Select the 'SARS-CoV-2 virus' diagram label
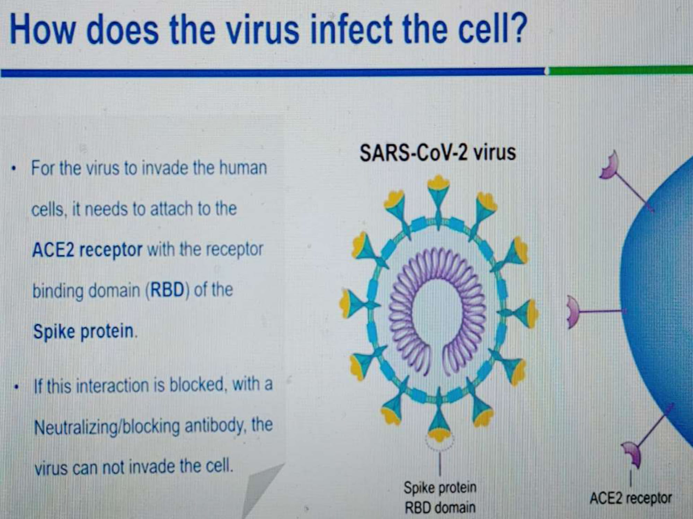point(438,153)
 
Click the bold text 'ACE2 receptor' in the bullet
point(87,249)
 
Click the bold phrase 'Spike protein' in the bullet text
point(83,331)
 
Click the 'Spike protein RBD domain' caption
point(440,498)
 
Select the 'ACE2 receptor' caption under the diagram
point(631,499)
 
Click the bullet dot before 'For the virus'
point(14,170)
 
